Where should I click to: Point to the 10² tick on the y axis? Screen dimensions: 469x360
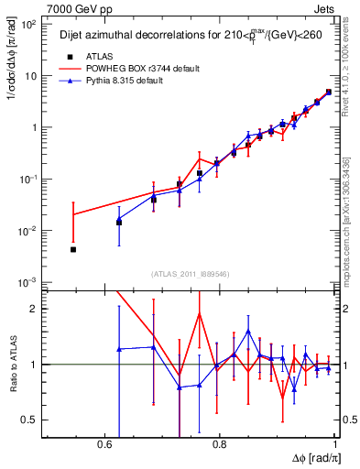pyautogui.click(x=29, y=25)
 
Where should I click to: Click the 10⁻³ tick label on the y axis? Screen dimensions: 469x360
pyautogui.click(x=29, y=282)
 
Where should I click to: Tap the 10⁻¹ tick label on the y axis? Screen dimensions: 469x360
pyautogui.click(x=29, y=180)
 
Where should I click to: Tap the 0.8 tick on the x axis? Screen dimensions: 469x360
pyautogui.click(x=220, y=443)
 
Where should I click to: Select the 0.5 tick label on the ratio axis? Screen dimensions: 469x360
pyautogui.click(x=29, y=420)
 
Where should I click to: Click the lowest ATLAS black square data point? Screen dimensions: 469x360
pyautogui.click(x=73, y=249)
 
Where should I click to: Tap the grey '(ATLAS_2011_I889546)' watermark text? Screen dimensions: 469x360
pyautogui.click(x=191, y=274)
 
